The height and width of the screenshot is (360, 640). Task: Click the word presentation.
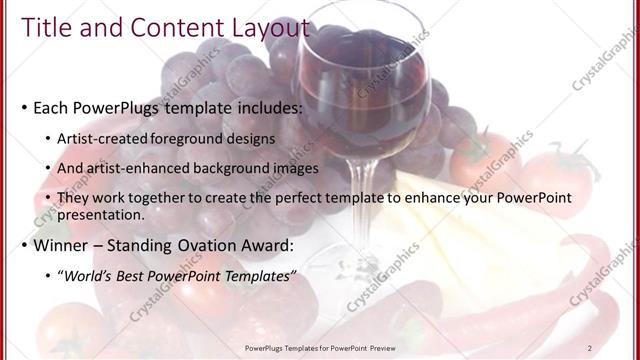[103, 214]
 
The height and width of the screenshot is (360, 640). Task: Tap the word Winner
[61, 245]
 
